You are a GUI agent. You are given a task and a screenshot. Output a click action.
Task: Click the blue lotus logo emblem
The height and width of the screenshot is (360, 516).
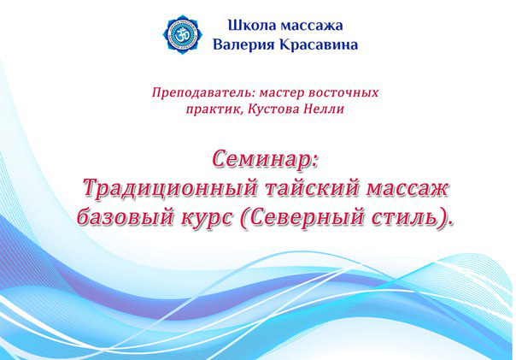tap(183, 34)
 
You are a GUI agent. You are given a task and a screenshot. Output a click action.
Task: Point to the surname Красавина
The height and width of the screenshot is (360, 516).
tap(319, 44)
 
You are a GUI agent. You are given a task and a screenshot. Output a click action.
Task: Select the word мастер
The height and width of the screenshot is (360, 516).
tap(282, 93)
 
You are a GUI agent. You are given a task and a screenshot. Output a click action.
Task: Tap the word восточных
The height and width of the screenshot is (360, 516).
tap(343, 92)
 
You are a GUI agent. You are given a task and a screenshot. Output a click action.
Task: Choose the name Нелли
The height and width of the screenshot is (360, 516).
tap(324, 109)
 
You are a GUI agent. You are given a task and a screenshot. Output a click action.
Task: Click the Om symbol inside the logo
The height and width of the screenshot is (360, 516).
tap(182, 34)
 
